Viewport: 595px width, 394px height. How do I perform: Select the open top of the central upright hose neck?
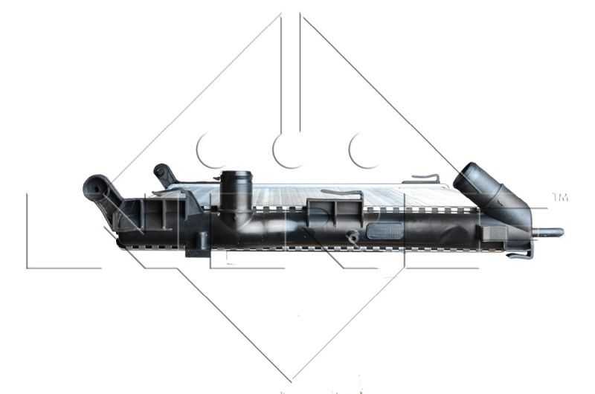click(x=235, y=177)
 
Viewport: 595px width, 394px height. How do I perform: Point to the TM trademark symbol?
click(x=560, y=197)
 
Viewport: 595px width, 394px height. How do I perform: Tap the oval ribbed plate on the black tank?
click(x=385, y=231)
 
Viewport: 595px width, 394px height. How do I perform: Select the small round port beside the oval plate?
click(x=353, y=236)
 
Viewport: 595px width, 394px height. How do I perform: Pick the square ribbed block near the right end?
click(x=493, y=233)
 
